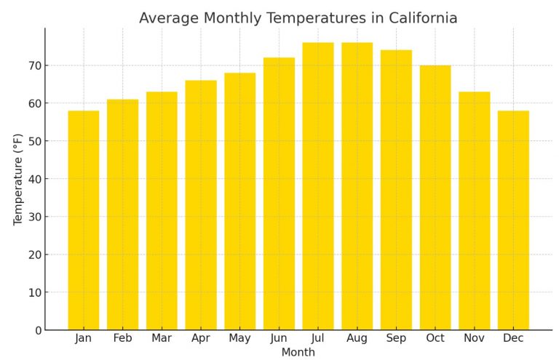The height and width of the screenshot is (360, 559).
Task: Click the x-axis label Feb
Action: click(122, 338)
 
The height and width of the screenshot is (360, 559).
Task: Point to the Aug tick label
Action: click(357, 338)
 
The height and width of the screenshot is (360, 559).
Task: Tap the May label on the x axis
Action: click(239, 338)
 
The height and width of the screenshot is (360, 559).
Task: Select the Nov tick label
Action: click(474, 338)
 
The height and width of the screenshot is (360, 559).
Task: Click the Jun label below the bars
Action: click(279, 338)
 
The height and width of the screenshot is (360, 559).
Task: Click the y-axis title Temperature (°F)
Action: click(18, 179)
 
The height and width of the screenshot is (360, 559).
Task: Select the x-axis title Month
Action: click(298, 353)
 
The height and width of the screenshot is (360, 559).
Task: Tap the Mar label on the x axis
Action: click(162, 338)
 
